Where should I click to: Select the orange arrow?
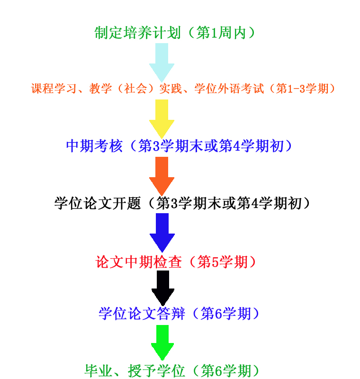tap(162, 175)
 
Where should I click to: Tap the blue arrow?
tap(162, 231)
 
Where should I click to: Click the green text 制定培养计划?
tap(137, 33)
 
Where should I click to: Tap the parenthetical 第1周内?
tap(220, 33)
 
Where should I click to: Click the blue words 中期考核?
tap(94, 146)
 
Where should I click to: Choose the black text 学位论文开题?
tap(98, 203)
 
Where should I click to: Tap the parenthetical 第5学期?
tap(222, 262)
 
